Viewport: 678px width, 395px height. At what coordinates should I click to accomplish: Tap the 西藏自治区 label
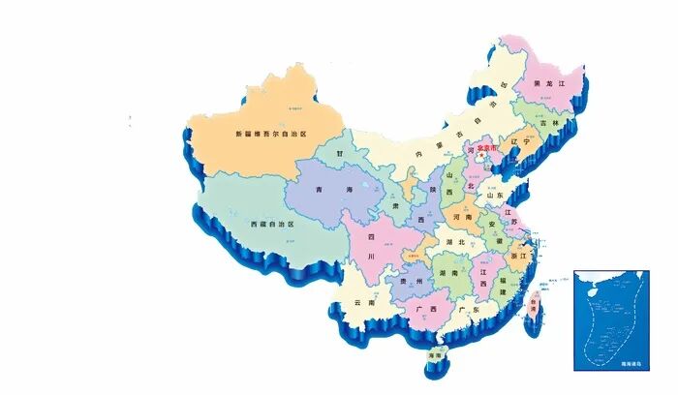(271, 224)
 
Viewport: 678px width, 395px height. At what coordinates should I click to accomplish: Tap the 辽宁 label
(521, 141)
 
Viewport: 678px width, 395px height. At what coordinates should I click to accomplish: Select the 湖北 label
(454, 242)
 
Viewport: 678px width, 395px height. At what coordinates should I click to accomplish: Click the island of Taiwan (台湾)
(532, 310)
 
